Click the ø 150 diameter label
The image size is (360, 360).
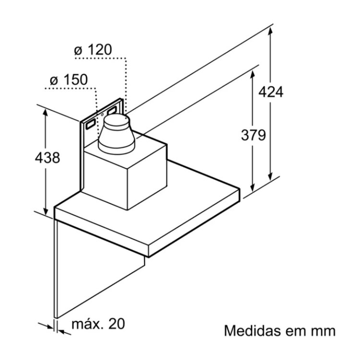coord(69,80)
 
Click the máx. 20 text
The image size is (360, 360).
coord(98,324)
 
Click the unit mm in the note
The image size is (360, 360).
coord(322,331)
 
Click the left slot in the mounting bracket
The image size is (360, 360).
coord(90,124)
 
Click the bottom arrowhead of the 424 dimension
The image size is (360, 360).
coord(271,175)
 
